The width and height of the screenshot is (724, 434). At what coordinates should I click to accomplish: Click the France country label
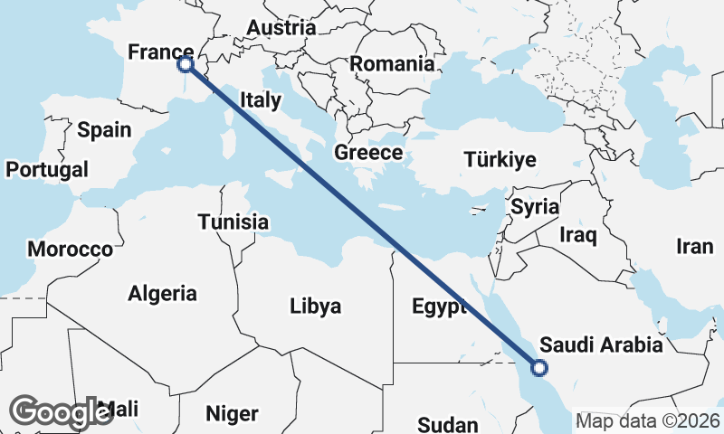(160, 52)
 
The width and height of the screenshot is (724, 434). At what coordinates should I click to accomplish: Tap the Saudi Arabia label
(601, 345)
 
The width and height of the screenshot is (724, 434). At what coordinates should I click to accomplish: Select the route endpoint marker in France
(185, 64)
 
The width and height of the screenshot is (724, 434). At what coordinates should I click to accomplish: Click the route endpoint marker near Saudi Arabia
(539, 368)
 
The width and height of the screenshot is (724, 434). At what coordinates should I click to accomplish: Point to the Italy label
(261, 100)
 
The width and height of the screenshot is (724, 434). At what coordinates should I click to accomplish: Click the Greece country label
(368, 152)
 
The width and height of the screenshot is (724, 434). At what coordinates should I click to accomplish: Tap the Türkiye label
(500, 160)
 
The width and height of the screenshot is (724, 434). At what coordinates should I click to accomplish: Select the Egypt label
(438, 307)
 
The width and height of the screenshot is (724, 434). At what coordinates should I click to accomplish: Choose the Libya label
(316, 307)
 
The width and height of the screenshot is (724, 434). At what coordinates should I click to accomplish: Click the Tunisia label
(233, 222)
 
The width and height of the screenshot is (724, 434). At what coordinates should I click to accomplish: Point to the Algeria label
(163, 293)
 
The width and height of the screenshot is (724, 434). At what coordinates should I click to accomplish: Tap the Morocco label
(70, 249)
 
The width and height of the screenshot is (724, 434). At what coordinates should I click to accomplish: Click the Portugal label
(47, 169)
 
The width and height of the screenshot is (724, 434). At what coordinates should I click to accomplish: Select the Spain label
(104, 130)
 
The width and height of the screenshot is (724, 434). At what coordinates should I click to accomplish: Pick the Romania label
(392, 64)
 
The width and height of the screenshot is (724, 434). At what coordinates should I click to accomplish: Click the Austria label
(281, 28)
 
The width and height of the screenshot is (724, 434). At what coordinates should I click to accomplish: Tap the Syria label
(535, 207)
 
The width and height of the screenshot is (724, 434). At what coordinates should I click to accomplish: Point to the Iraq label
(578, 236)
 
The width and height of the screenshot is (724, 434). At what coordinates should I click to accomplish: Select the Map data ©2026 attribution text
(648, 420)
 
